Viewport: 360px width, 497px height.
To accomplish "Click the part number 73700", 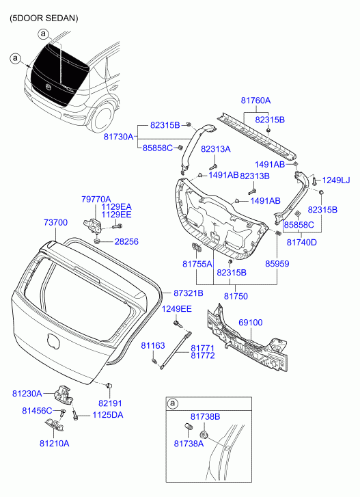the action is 55,222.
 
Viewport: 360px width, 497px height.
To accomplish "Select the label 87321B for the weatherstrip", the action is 189,293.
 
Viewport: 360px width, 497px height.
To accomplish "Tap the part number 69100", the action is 251,323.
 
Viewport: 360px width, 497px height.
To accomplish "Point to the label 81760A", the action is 256,100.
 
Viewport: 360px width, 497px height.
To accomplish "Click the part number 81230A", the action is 27,393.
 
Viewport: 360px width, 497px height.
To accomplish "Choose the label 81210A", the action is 55,444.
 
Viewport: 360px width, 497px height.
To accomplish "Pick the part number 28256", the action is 126,241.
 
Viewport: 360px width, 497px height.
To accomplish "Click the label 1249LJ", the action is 336,180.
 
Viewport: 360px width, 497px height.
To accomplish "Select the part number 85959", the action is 277,264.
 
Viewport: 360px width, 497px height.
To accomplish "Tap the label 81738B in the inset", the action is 205,417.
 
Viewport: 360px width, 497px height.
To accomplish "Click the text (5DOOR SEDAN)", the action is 43,18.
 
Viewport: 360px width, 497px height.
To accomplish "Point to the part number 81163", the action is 153,345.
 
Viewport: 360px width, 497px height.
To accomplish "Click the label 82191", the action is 110,403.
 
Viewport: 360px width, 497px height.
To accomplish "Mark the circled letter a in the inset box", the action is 172,403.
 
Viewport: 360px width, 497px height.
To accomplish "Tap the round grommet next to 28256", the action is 97,241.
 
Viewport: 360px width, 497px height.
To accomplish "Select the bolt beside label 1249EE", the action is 177,324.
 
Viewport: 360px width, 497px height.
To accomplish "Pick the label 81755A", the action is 197,264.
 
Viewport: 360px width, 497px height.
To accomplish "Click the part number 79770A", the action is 96,200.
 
